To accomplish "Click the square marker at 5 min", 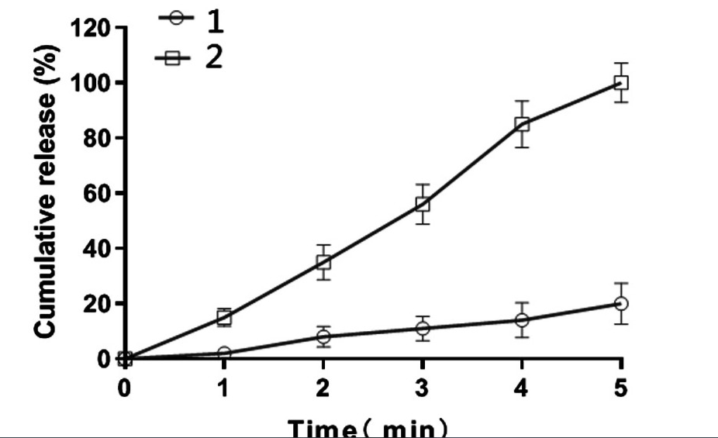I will pyautogui.click(x=620, y=82).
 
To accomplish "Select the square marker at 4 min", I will pyautogui.click(x=522, y=124).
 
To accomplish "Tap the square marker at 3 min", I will pyautogui.click(x=423, y=204).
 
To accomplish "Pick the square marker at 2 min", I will pyautogui.click(x=323, y=262).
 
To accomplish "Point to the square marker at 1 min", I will pyautogui.click(x=224, y=317).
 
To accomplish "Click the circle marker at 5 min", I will pyautogui.click(x=620, y=303).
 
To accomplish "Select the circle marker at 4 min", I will pyautogui.click(x=522, y=319).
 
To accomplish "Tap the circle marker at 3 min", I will pyautogui.click(x=423, y=328).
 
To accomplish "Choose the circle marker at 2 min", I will pyautogui.click(x=323, y=336).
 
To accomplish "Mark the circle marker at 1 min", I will pyautogui.click(x=224, y=354).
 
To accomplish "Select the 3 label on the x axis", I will pyautogui.click(x=423, y=387).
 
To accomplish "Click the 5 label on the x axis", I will pyautogui.click(x=620, y=387).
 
